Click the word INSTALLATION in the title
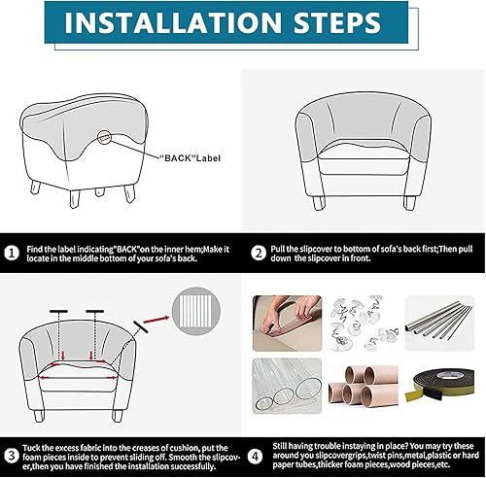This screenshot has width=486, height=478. [173, 22]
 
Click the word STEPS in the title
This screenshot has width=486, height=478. [337, 22]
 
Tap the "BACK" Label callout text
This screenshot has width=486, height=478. [190, 158]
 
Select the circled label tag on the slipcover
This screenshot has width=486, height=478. [104, 138]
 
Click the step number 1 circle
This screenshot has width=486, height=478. [12, 254]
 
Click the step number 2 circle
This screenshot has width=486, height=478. [259, 254]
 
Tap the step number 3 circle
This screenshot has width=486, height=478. [12, 456]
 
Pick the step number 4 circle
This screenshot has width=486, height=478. [256, 456]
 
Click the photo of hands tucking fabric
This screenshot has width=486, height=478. [287, 324]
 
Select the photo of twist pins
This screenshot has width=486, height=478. [364, 324]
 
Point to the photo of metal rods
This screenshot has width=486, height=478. [439, 324]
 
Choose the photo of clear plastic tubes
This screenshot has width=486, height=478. [287, 386]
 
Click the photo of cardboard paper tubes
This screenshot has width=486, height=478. [364, 387]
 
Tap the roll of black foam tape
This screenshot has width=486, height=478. [439, 386]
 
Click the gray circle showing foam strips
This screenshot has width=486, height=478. [196, 311]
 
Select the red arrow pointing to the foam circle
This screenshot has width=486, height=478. [156, 320]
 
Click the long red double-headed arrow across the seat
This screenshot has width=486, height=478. [78, 378]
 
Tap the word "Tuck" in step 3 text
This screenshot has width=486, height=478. [31, 448]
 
